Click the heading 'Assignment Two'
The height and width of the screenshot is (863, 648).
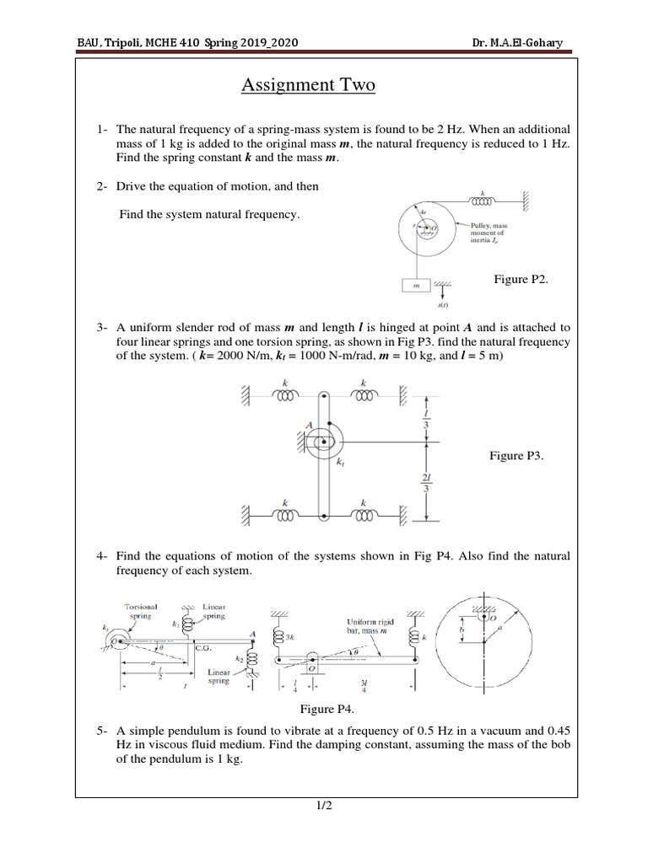(308, 85)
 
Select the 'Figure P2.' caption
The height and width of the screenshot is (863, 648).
(521, 278)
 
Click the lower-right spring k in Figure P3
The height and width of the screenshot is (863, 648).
(364, 513)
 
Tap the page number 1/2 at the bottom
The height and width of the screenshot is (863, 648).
(323, 807)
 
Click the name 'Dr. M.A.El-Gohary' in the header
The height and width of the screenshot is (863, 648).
(528, 43)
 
